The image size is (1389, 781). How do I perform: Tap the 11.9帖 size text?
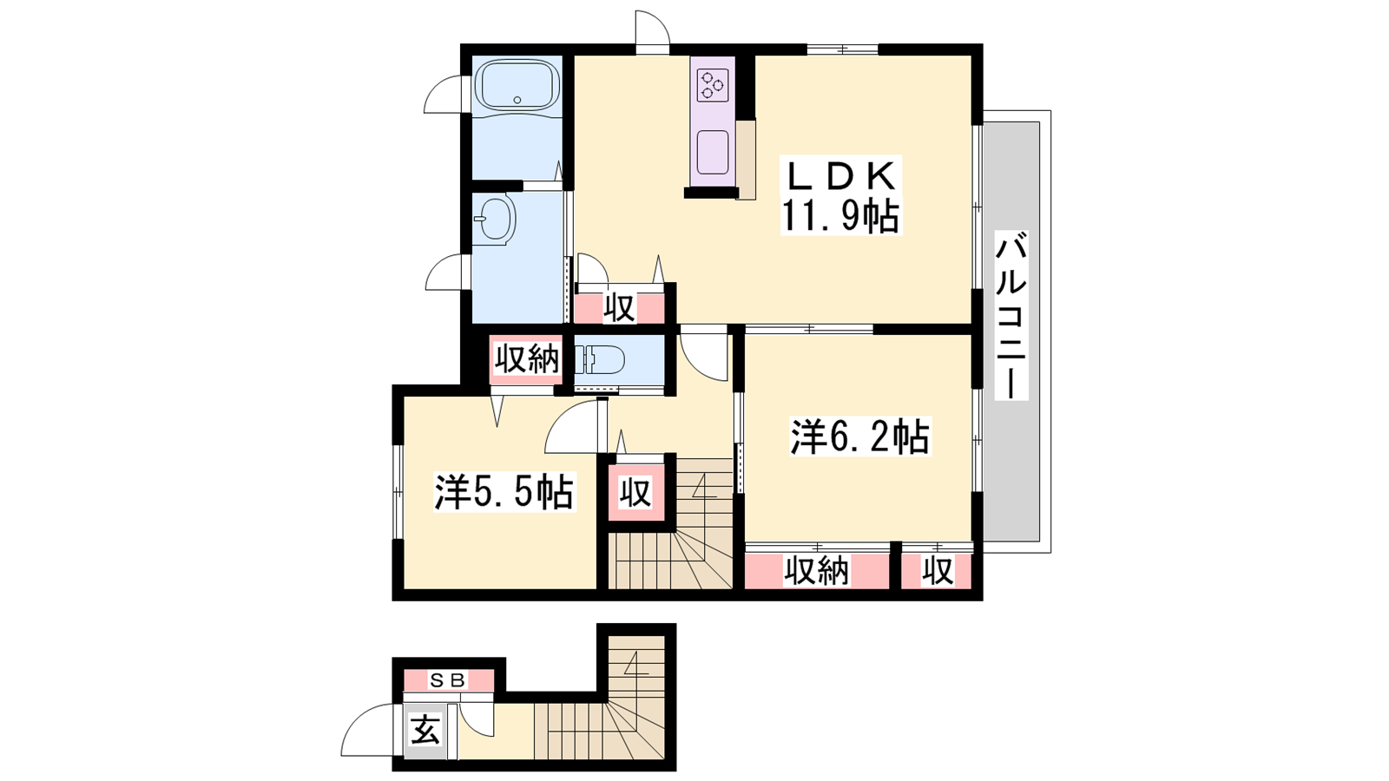(840, 216)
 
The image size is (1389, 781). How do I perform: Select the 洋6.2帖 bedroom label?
(859, 437)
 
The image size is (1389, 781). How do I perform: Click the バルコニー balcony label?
(1011, 315)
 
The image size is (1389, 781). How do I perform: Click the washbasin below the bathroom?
(495, 218)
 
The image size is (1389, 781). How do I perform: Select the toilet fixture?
(598, 360)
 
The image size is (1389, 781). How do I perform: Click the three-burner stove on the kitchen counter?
(713, 86)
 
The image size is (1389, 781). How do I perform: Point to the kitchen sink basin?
(713, 153)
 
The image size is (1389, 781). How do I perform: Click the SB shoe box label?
(448, 680)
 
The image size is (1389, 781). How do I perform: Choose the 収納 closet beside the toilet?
(526, 359)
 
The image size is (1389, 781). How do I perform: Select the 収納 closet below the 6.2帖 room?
(816, 570)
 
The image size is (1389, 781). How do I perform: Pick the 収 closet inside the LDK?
(620, 307)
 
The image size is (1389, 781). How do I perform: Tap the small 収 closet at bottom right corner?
(937, 570)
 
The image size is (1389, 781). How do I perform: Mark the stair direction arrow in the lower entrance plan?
(635, 664)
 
